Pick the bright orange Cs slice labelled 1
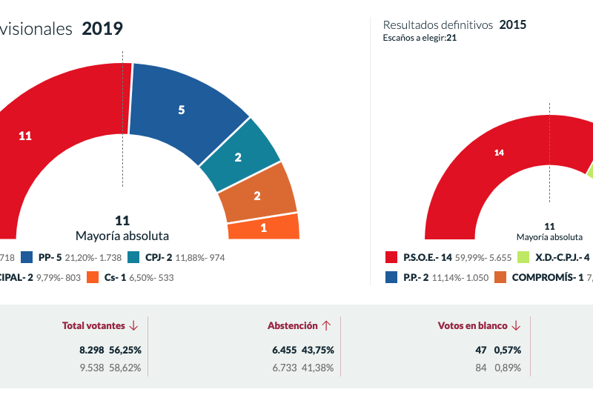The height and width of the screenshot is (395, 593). (264, 228)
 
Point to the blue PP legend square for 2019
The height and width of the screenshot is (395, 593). (27, 258)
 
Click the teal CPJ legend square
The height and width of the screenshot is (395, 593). (133, 258)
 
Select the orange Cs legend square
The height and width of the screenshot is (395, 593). (93, 278)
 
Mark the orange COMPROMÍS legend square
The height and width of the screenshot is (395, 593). (500, 278)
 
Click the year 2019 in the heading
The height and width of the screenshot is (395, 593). (102, 29)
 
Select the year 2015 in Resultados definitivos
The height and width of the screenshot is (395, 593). (513, 24)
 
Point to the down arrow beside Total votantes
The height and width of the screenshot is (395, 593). (133, 325)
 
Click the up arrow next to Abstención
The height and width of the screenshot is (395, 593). (326, 325)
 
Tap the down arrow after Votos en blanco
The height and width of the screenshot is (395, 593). (516, 325)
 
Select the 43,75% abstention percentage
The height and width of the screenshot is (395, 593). (317, 350)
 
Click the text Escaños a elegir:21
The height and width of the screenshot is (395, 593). (419, 38)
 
